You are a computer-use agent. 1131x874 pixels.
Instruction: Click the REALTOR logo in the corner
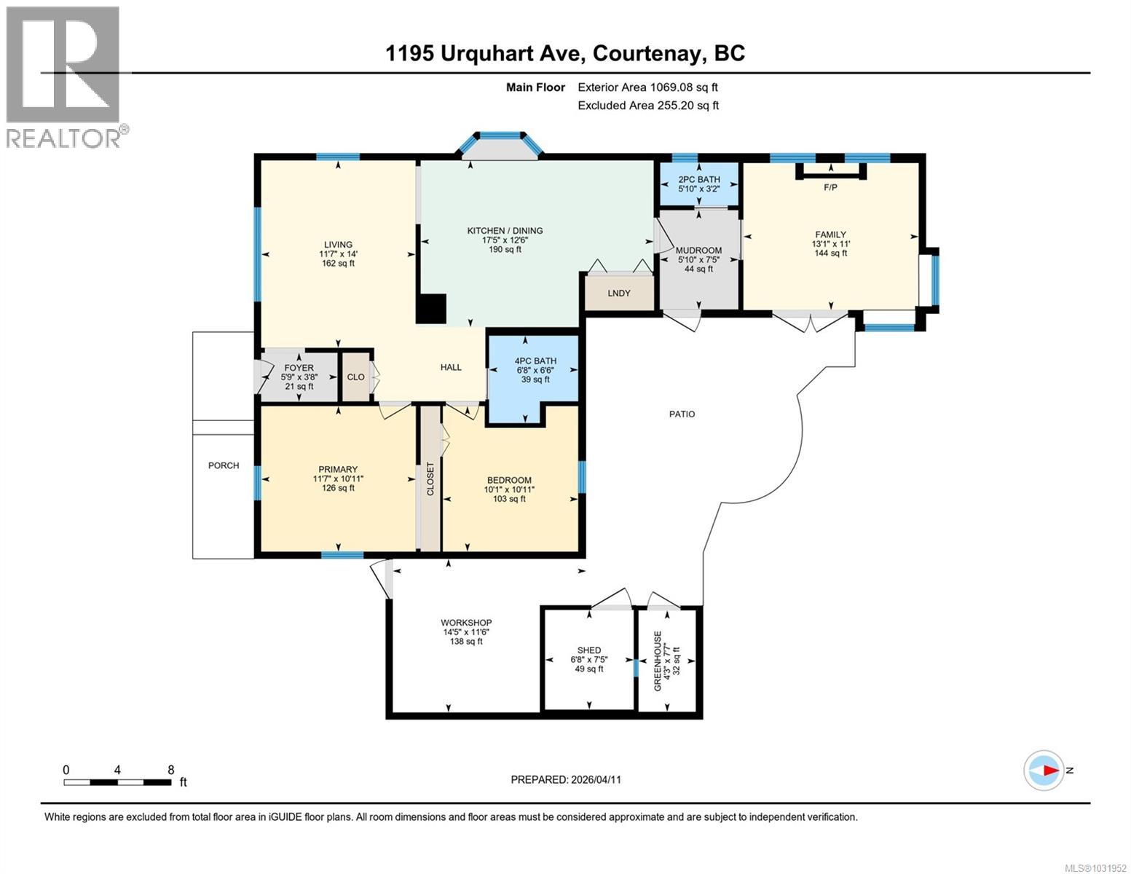tap(64, 77)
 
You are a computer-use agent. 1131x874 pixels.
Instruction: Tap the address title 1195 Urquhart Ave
tap(564, 53)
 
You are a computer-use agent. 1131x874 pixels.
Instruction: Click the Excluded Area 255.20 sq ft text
tap(648, 106)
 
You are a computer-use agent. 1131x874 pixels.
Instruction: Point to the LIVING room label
tap(338, 245)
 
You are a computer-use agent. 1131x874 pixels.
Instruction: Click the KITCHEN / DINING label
tap(505, 231)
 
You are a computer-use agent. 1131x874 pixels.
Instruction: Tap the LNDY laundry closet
tap(619, 293)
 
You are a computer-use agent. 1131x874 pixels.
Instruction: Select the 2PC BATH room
tap(698, 184)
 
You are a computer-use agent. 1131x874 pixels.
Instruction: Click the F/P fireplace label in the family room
tap(830, 188)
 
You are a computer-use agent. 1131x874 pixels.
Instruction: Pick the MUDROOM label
tap(698, 251)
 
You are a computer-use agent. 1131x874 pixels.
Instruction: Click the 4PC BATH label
tap(535, 361)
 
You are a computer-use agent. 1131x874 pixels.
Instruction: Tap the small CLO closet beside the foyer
tap(356, 377)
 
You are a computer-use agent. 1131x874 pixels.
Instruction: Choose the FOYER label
tap(299, 369)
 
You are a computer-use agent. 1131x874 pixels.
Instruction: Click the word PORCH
tap(224, 465)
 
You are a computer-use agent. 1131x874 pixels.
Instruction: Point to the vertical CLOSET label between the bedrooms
tap(430, 479)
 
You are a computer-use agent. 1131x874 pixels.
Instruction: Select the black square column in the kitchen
tap(431, 309)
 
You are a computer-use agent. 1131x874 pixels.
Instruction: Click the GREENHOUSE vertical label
tap(658, 661)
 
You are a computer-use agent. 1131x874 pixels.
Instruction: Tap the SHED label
tap(589, 650)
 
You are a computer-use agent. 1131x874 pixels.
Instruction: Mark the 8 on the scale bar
tap(170, 770)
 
